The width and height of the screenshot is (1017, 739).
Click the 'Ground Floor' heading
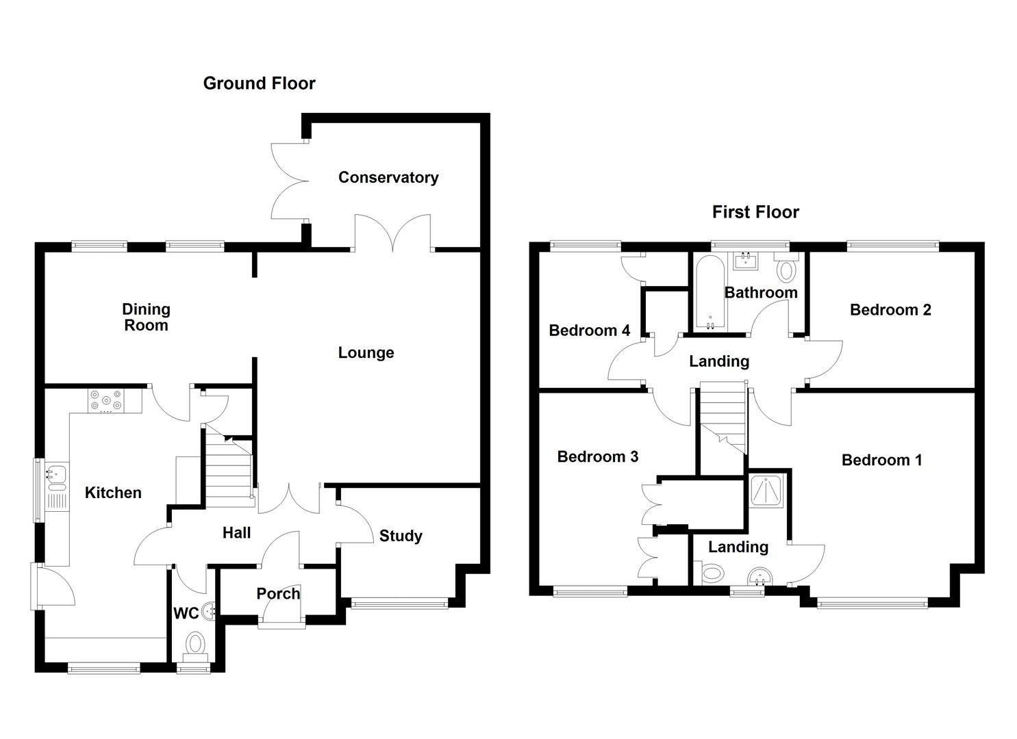(259, 83)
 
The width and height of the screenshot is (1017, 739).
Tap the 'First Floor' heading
(755, 212)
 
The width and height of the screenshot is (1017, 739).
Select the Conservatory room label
(388, 178)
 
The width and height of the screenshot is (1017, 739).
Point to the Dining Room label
(146, 317)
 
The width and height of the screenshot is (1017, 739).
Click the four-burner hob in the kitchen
(106, 401)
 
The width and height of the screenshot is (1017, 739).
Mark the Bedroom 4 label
(589, 331)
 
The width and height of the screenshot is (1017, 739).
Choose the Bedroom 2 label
(890, 310)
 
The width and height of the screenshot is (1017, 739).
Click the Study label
(401, 536)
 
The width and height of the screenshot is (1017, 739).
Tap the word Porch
(278, 594)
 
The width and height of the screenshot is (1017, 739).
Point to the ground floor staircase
(227, 469)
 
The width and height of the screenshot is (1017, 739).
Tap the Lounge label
(366, 353)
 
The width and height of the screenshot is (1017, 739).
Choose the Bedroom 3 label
(597, 457)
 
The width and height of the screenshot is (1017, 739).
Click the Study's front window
(399, 603)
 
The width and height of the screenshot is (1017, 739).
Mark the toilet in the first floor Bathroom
(787, 270)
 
